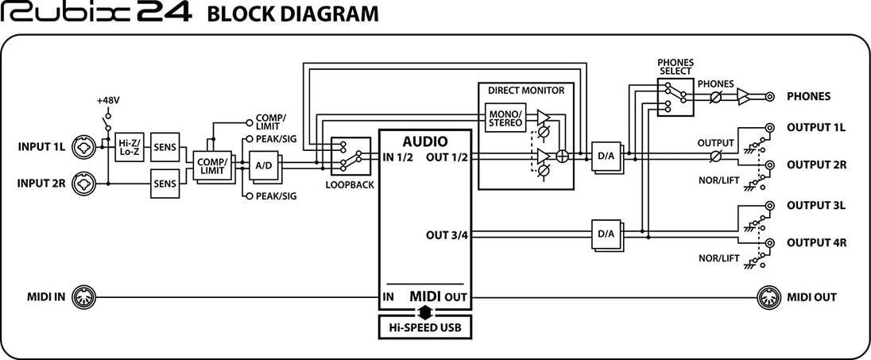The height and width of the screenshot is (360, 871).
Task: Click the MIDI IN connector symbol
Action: point(83,298)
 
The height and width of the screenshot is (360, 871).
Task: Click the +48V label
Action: point(106,101)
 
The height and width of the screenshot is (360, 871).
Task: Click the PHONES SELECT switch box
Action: point(676,97)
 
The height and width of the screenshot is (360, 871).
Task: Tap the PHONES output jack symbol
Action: point(769,97)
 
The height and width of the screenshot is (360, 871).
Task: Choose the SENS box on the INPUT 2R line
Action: point(165,184)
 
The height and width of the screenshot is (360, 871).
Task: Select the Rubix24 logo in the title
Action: point(97,14)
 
